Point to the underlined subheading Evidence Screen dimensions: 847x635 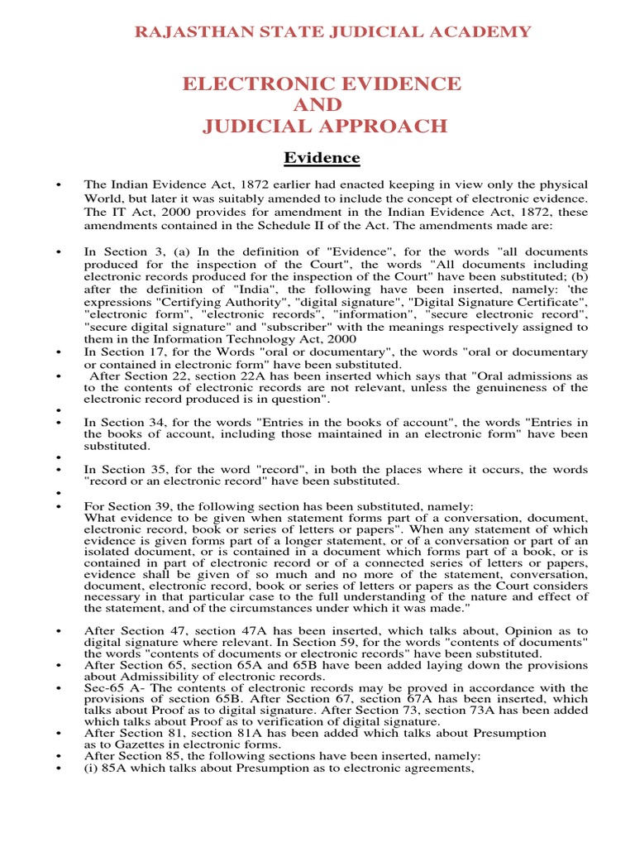[322, 158]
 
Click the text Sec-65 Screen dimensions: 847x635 [102, 688]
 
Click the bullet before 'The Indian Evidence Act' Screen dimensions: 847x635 [59, 184]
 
